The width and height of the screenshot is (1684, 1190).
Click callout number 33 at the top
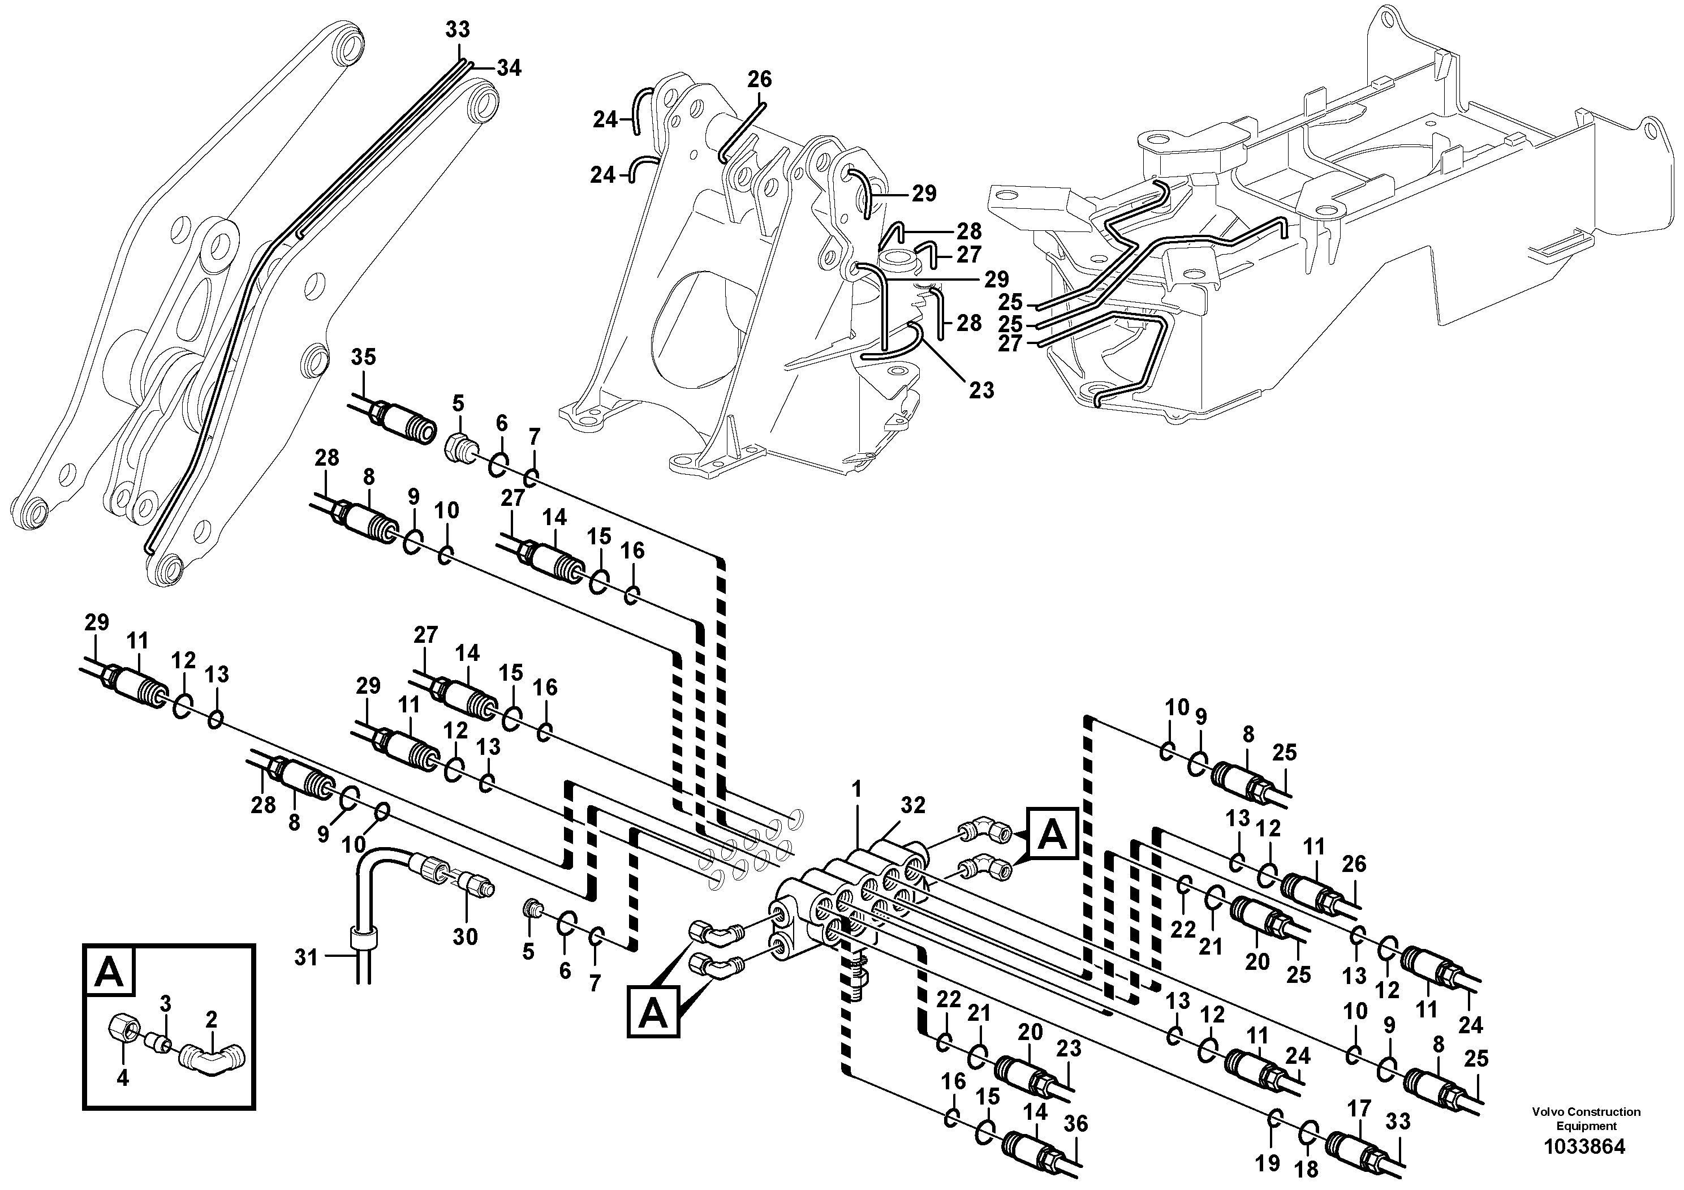tap(458, 30)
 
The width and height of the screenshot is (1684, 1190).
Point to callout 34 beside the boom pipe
tap(509, 68)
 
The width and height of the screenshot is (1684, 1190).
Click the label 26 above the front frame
tap(760, 79)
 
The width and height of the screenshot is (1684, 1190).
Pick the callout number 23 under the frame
tap(981, 390)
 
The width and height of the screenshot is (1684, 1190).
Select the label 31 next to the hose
tap(306, 957)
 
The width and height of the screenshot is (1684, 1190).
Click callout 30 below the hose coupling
tap(465, 937)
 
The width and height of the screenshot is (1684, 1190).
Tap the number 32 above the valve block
tap(913, 806)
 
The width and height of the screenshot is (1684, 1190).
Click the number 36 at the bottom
tap(1076, 1124)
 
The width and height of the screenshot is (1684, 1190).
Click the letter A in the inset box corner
tap(110, 972)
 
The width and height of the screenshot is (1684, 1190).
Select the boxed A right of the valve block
tap(1053, 834)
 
